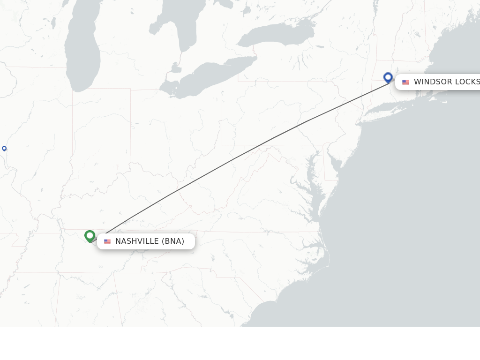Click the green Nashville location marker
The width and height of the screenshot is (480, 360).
coord(90,235)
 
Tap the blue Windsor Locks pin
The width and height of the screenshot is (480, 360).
coord(388,77)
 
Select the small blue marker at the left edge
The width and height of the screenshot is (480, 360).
coord(4,149)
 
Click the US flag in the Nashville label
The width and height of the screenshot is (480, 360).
coord(107,241)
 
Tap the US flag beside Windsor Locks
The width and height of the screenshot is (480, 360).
coord(405,82)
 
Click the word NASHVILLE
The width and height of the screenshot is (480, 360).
coord(137,241)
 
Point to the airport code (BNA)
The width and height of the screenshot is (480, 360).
coord(173,241)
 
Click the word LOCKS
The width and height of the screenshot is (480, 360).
coord(467,82)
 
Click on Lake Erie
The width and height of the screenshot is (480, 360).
coord(211,77)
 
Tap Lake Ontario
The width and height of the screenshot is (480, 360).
coord(277,36)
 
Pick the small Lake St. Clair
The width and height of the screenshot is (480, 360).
coord(176,68)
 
